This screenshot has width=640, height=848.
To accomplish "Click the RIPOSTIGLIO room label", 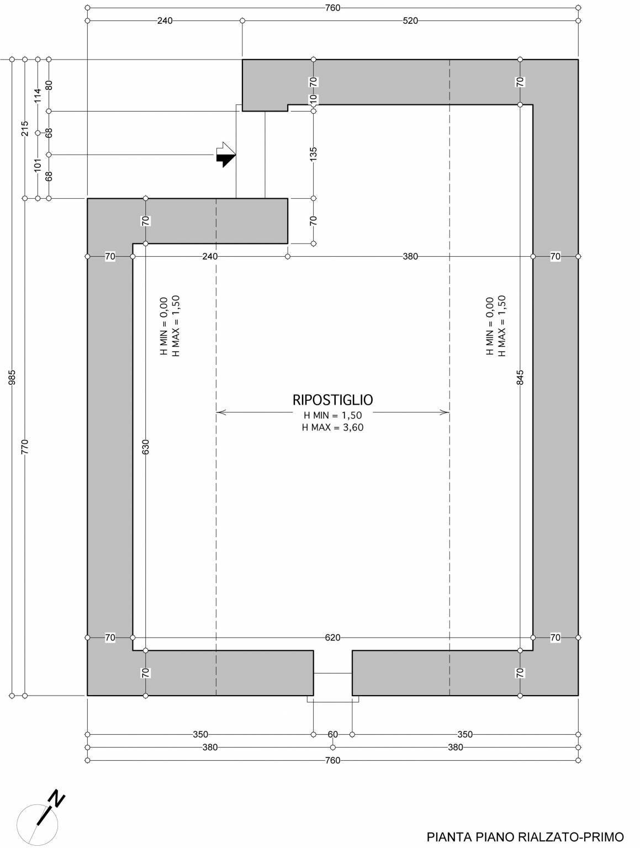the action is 332,400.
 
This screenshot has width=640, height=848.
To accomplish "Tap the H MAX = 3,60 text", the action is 332,427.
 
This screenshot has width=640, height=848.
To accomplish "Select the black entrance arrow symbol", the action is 226,155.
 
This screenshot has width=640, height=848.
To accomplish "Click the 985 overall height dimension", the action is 12,378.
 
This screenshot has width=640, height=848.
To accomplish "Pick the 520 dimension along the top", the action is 410,20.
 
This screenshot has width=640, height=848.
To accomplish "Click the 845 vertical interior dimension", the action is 520,378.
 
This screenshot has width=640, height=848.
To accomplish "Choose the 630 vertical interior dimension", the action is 146,447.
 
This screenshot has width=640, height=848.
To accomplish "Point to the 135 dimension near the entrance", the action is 313,154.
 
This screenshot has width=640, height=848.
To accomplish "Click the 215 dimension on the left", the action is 25,129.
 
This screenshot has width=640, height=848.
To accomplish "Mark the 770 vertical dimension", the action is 25,447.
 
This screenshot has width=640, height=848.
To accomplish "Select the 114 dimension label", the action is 38,96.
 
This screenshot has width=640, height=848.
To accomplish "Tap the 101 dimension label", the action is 38,165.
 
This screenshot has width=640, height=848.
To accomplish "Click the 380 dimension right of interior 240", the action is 410,256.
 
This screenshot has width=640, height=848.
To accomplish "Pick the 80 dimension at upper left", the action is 49,85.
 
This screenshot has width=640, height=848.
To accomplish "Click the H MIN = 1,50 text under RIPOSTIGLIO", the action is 332,415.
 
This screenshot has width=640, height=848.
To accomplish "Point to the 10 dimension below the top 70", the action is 313,99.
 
